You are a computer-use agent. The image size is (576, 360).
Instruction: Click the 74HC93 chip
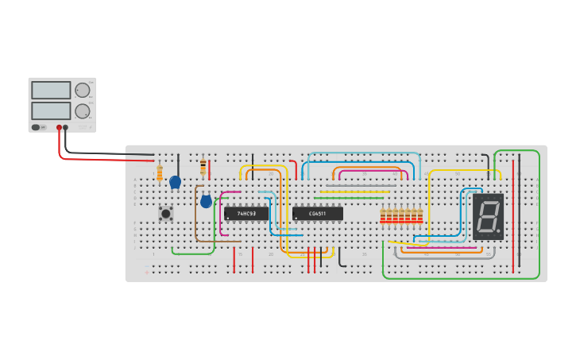pyautogui.click(x=245, y=213)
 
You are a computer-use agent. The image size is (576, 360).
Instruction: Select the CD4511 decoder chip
pyautogui.click(x=318, y=213)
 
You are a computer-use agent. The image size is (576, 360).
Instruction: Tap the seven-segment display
pyautogui.click(x=488, y=216)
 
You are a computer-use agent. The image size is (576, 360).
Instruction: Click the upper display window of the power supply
pyautogui.click(x=51, y=90)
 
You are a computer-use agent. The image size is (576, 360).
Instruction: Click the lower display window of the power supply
pyautogui.click(x=51, y=110)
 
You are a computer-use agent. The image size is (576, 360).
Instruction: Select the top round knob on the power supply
pyautogui.click(x=82, y=91)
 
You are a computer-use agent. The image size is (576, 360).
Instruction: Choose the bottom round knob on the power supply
pyautogui.click(x=82, y=110)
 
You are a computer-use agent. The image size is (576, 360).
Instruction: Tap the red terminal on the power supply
pyautogui.click(x=59, y=127)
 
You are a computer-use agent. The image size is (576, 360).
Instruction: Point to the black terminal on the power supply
pyautogui.click(x=66, y=127)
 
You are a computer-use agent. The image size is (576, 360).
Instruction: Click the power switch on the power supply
pyautogui.click(x=36, y=127)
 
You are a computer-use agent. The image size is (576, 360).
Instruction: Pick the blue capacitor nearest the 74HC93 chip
pyautogui.click(x=206, y=202)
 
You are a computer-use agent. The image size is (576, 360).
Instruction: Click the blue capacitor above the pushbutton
pyautogui.click(x=176, y=182)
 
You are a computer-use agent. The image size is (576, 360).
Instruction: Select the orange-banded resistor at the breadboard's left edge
pyautogui.click(x=160, y=173)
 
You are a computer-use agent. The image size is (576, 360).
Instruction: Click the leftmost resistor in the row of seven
pyautogui.click(x=383, y=215)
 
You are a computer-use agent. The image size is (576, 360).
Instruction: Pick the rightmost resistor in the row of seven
pyautogui.click(x=419, y=215)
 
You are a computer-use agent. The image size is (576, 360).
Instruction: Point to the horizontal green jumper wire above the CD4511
pyautogui.click(x=350, y=197)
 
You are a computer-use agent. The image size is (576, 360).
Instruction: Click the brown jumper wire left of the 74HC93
pyautogui.click(x=196, y=215)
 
